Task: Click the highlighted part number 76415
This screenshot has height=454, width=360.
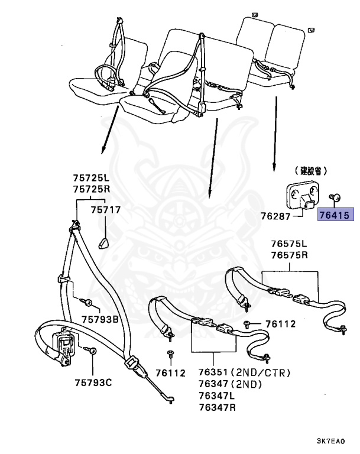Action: coord(335,216)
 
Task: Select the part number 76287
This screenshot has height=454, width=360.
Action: coord(277,216)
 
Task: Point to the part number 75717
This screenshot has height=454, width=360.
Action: coord(105,209)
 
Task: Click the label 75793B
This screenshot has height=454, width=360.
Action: coord(100,320)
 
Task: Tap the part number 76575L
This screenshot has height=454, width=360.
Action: coord(290,244)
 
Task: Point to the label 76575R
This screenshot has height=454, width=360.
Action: coord(290,255)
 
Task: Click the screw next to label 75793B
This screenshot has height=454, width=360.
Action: coord(88,304)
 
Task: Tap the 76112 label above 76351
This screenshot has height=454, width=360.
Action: coord(278,324)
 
